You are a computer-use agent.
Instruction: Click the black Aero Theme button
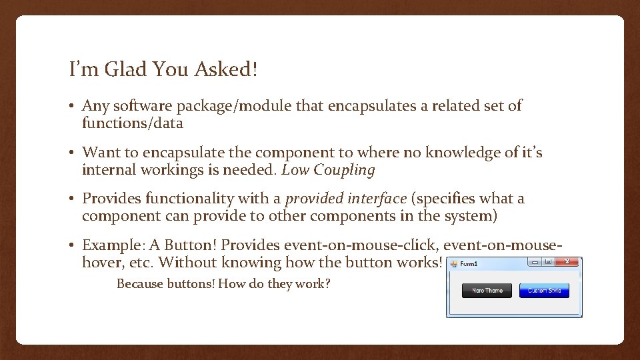coord(487,291)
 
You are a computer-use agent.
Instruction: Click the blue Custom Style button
coord(544,291)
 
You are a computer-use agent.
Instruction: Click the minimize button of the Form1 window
coord(535,263)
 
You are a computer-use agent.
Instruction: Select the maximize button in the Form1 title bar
coord(548,263)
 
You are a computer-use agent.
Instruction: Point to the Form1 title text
coord(469,263)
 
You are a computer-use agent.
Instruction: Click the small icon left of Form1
coord(454,263)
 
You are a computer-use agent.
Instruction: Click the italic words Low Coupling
coord(329,170)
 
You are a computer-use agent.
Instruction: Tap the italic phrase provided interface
coord(345,199)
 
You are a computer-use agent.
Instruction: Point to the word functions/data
coord(132,123)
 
